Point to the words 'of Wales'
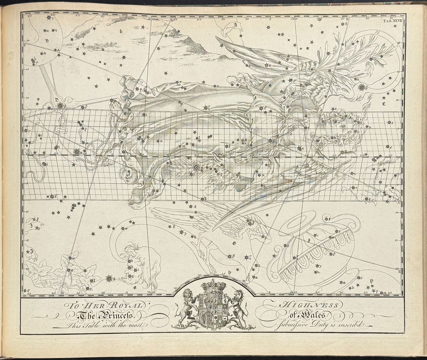(307, 316)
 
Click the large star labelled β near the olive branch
(362, 86)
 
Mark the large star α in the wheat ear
(196, 167)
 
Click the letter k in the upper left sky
(121, 32)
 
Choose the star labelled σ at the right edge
(388, 147)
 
